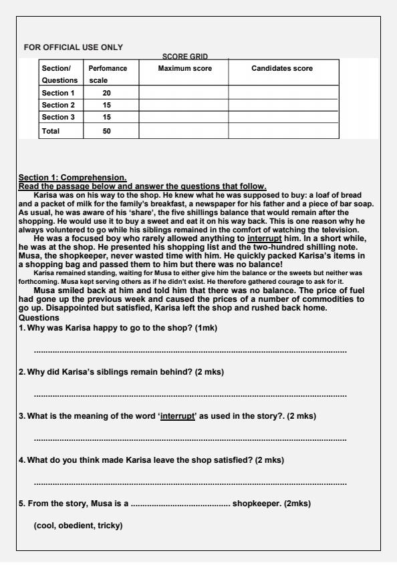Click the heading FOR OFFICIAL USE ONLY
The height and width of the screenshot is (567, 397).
point(73,47)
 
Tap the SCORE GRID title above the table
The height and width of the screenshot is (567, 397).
point(185,57)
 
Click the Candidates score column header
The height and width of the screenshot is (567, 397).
point(281,69)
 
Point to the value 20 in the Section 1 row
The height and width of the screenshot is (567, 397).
point(106,93)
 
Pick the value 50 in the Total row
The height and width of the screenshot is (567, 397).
point(106,132)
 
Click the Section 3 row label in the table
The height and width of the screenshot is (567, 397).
point(58,118)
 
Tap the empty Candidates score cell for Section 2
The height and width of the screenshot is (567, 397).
point(281,106)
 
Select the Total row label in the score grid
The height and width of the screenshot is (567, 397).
point(51,132)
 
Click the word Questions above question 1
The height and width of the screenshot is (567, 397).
point(39,319)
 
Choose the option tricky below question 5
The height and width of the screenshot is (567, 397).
point(110,526)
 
